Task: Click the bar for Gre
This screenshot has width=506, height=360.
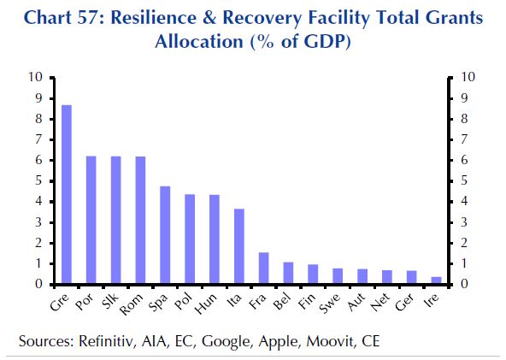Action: click(x=66, y=194)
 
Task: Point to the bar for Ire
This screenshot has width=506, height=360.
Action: click(x=437, y=280)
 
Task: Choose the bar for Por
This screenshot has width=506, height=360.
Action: click(x=91, y=220)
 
